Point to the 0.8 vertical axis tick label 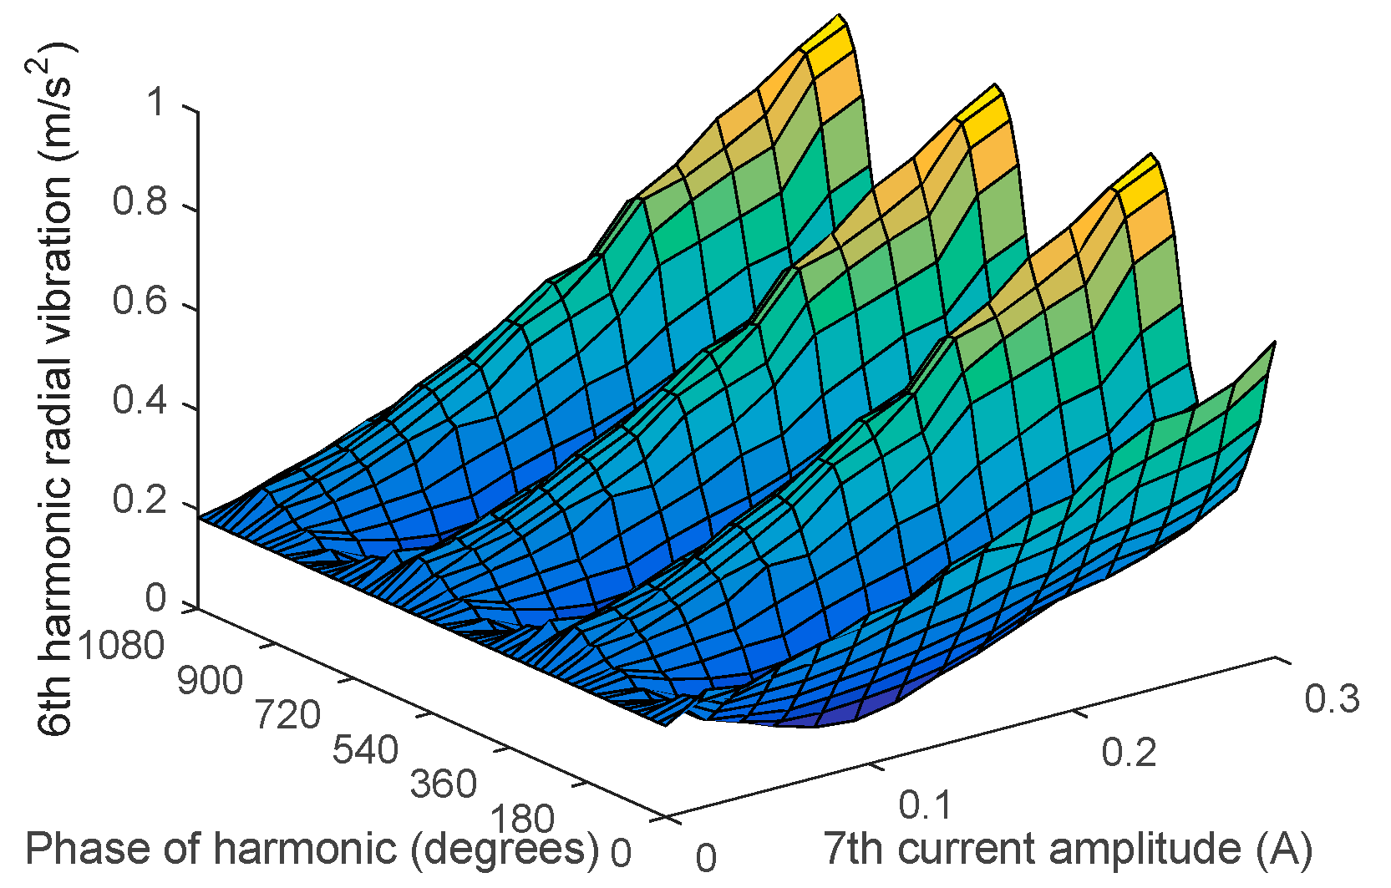(x=140, y=203)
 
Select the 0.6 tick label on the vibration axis (x=140, y=302)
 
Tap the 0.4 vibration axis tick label (x=140, y=402)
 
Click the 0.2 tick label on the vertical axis (x=140, y=501)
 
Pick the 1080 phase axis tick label (x=119, y=646)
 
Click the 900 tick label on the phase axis (x=210, y=682)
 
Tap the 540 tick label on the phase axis (x=365, y=750)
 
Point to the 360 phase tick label (x=444, y=784)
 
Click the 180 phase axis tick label (x=521, y=819)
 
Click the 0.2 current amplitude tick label (x=1129, y=753)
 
